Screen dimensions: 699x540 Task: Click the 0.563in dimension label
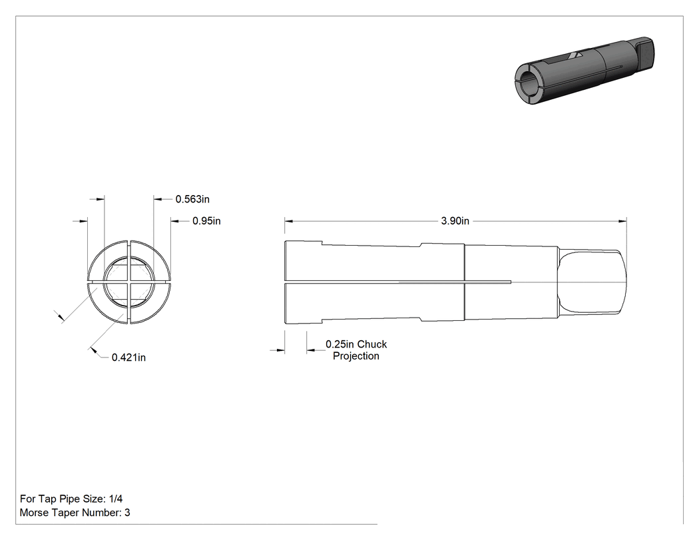click(x=192, y=199)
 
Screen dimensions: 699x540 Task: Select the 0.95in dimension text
click(x=206, y=220)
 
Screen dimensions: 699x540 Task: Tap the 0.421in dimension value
click(x=128, y=357)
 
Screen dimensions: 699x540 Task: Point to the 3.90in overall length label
click(x=455, y=220)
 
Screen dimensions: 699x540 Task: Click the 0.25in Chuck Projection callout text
click(x=356, y=350)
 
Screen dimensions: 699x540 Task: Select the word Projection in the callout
click(x=356, y=356)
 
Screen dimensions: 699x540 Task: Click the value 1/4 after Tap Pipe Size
click(x=115, y=499)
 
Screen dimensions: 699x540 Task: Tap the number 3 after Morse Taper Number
click(x=127, y=512)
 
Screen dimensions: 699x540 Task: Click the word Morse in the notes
click(x=34, y=512)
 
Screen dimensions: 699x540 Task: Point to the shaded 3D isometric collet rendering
click(x=584, y=71)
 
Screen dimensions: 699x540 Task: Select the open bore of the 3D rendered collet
click(x=530, y=83)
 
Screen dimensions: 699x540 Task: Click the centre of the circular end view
click(x=129, y=282)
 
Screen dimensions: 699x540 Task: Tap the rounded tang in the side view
click(x=592, y=282)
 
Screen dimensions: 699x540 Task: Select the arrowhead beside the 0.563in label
click(x=158, y=199)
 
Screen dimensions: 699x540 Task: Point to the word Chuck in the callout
click(x=372, y=344)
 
